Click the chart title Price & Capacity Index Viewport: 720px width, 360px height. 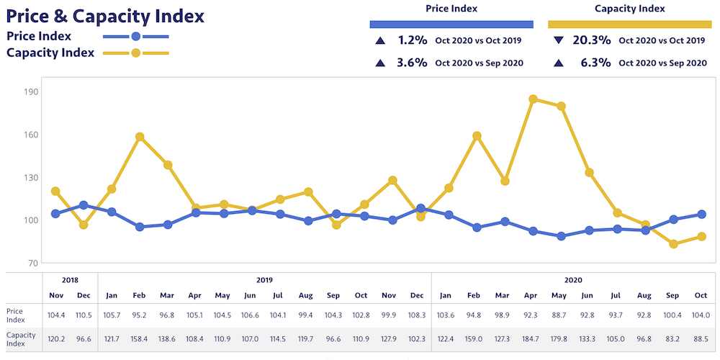point(105,15)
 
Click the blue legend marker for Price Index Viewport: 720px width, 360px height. point(136,36)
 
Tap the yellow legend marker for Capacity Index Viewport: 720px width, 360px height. point(136,53)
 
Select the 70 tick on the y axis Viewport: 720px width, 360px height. point(32,263)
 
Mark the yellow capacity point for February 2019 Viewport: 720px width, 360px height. point(140,137)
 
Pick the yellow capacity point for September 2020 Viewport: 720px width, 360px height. point(674,244)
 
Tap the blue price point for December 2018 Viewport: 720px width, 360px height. point(84,205)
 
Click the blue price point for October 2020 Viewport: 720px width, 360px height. point(702,215)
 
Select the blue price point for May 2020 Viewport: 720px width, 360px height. point(562,236)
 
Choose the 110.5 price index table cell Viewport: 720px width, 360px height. point(84,315)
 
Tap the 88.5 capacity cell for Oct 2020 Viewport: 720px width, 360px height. point(702,337)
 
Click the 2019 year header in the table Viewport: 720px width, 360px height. point(265,280)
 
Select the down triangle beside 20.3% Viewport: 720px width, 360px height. point(559,41)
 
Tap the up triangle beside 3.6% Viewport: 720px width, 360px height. point(379,63)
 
